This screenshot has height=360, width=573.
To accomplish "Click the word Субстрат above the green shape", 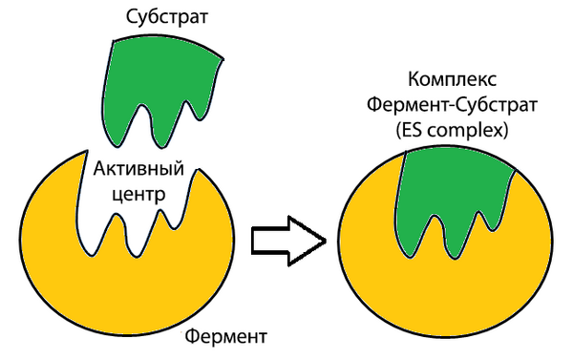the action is [x=166, y=17].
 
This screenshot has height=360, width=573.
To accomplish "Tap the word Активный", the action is [x=138, y=169].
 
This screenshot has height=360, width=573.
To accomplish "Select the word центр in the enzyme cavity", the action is [x=138, y=195].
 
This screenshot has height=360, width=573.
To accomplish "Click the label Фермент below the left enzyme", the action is [x=225, y=336].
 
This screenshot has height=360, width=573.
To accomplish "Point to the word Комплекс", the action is [x=452, y=79].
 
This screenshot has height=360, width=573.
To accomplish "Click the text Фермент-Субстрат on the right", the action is [x=452, y=105].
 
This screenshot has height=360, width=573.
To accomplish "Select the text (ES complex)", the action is [x=452, y=131].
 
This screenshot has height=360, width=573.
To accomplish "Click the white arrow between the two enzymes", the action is [x=288, y=241].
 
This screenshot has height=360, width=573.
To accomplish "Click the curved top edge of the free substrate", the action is [x=168, y=41].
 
